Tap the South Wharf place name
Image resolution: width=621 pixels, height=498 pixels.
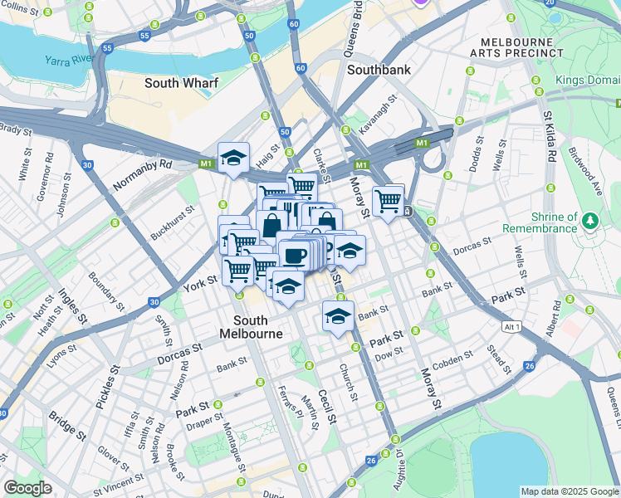point(178,83)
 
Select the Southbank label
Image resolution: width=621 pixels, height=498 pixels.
point(379,71)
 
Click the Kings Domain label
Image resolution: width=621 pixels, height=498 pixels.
point(588,80)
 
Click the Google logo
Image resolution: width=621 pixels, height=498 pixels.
point(27,488)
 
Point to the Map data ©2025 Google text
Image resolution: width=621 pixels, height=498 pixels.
point(570,491)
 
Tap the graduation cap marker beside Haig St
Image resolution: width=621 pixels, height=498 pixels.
point(234,158)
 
